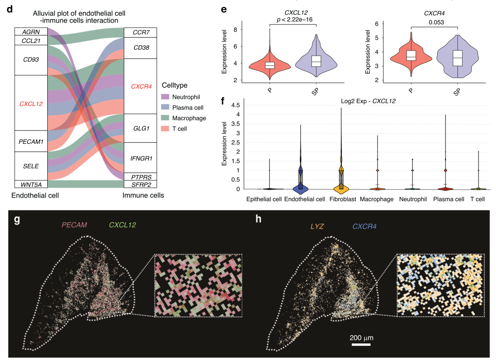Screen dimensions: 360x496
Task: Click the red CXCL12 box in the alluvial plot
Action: coord(31,104)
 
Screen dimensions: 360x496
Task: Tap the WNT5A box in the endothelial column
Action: coord(31,185)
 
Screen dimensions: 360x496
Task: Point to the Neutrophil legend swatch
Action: coord(165,96)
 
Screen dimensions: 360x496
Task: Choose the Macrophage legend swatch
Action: coord(165,118)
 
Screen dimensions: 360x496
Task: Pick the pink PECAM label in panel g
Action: coord(74,225)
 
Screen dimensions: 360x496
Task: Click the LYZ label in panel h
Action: coord(317,226)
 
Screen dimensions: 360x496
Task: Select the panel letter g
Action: coord(17,220)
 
